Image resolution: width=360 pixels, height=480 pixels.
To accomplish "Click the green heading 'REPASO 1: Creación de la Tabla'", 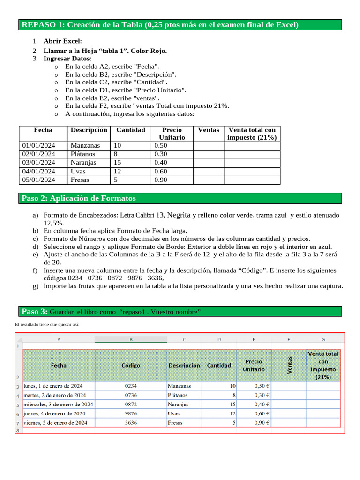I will [x=159, y=25].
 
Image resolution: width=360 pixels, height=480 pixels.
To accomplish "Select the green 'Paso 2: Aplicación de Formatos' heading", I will [x=79, y=198].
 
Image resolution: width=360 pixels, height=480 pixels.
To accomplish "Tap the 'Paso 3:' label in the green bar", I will [x=34, y=312].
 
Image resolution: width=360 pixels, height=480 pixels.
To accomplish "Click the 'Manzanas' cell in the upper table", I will [x=85, y=145].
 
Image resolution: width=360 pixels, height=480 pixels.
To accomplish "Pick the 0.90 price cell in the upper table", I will [x=161, y=180].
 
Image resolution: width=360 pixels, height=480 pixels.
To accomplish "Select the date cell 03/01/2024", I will [x=39, y=163].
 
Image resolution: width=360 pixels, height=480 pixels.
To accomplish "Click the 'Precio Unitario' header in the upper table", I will [x=172, y=134].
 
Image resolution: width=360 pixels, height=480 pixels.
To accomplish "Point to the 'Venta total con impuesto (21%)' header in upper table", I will [x=252, y=134].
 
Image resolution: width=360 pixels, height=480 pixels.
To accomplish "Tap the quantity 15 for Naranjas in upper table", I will [x=118, y=163].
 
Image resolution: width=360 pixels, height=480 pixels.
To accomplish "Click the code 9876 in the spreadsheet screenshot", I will [x=131, y=413].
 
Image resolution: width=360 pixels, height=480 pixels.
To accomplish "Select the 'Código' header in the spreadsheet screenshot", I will [x=131, y=365].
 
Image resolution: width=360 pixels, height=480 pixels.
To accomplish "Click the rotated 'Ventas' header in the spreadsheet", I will [x=289, y=365].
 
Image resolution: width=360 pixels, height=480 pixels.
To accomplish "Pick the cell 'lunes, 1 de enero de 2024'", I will [x=53, y=386].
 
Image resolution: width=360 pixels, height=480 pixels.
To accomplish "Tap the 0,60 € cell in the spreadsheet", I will [x=261, y=413].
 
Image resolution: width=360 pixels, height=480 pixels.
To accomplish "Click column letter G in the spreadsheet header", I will [x=323, y=339].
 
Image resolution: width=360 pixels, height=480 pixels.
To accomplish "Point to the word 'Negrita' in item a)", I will [x=179, y=215].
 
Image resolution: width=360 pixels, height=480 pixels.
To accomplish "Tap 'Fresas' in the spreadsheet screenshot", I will [x=175, y=422].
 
